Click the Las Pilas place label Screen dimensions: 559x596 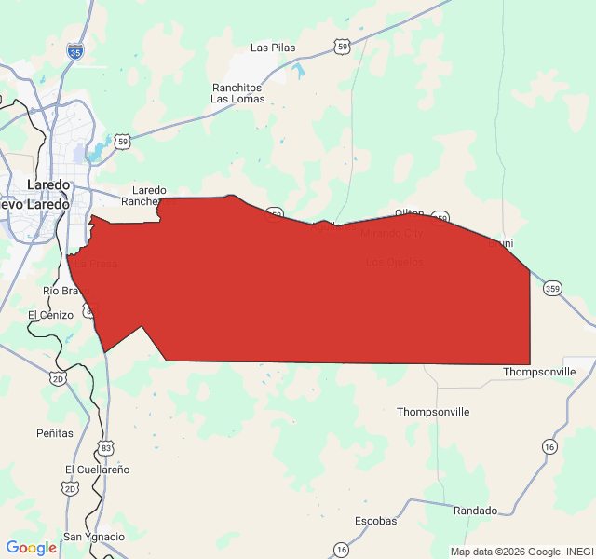point(272,48)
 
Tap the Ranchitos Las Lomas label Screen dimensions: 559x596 point(237,92)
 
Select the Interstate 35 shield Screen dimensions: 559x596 point(75,52)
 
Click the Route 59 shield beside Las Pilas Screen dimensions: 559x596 point(344,46)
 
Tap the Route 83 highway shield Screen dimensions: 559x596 point(107,448)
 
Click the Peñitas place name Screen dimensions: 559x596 point(55,433)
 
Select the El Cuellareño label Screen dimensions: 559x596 point(98,469)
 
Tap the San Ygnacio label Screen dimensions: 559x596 point(94,537)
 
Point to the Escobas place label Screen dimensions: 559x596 point(376,521)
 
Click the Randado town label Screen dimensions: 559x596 point(475,511)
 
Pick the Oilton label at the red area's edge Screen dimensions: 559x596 point(409,213)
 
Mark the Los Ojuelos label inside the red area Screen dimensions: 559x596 point(395,262)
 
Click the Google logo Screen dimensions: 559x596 point(31,548)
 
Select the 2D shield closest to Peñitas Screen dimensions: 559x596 point(59,378)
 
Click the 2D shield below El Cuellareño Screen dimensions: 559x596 point(71,488)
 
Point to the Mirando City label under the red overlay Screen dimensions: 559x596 point(391,233)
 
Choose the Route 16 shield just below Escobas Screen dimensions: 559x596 point(342,550)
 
